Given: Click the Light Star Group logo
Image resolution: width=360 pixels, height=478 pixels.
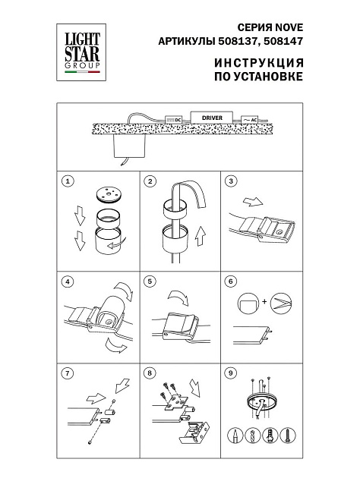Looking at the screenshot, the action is pos(81,52).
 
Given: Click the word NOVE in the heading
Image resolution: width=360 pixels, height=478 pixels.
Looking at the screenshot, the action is pos(289,27).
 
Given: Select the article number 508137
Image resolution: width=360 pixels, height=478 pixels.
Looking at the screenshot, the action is pos(237,41).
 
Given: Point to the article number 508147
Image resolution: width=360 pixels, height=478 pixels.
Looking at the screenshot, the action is pos(283,41).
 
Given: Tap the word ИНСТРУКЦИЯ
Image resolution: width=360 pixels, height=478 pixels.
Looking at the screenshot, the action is pos(259,63).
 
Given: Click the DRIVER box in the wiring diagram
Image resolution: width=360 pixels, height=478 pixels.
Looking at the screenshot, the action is pos(212,118).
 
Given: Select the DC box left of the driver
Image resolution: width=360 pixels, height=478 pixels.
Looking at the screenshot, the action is pos(174,120).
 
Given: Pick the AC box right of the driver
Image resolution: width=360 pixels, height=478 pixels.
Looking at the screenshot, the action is pos(250,120).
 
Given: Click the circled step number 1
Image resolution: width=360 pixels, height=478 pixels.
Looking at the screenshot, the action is pos(68,181).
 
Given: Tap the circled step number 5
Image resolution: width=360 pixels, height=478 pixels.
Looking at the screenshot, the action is pos(150,281).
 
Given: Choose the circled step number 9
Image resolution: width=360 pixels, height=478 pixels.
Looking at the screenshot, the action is pos(230,373).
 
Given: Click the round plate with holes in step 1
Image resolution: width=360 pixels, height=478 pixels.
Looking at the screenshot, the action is pos(108,195).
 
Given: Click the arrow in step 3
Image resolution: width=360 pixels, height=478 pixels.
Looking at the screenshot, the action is pos(253,202).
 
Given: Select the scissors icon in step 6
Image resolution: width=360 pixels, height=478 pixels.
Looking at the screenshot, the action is pos(281,303).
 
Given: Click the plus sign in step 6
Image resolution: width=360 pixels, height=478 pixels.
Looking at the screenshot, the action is pos(264,302).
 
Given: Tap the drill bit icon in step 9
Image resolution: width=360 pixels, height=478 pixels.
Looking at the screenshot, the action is pos(253,436).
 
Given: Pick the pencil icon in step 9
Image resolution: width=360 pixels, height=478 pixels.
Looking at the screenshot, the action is pos(235,436).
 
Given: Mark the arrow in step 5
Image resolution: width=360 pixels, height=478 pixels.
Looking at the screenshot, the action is pos(178,297).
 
